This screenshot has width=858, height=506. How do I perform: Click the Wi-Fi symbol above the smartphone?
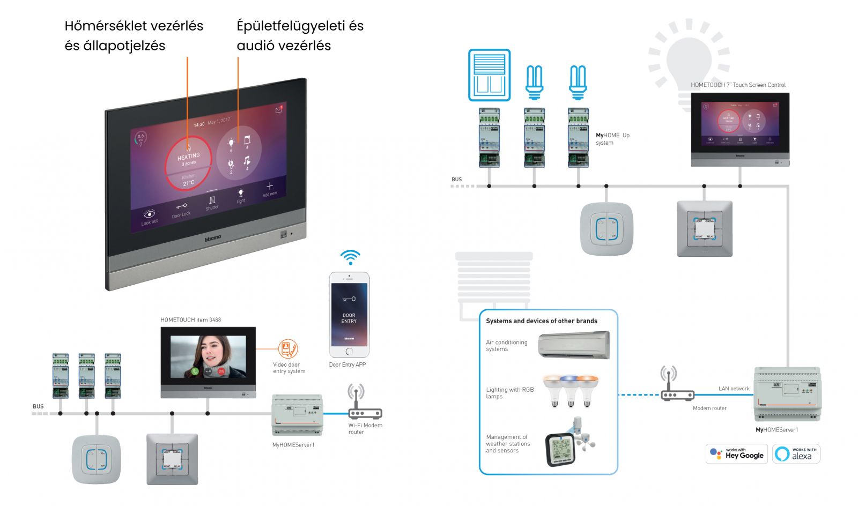pos(350,257)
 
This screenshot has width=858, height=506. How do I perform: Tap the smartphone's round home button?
pos(349,352)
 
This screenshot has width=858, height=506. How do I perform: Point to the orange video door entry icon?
pos(288,349)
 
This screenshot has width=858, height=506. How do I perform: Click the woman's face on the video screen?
pos(208,351)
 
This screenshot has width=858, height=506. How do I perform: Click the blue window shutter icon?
pos(489,75)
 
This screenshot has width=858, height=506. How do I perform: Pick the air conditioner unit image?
pos(574,345)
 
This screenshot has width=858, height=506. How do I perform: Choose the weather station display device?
pos(560,449)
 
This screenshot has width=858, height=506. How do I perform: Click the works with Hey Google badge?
pos(737,453)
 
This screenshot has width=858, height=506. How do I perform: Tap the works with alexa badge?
pos(796,454)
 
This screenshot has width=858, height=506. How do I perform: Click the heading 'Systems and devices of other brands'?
pos(542,321)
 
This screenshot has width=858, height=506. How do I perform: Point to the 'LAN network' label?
pos(734,389)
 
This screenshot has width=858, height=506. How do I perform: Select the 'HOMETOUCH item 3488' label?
pos(191,320)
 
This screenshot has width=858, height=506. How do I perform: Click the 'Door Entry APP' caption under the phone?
pos(347,364)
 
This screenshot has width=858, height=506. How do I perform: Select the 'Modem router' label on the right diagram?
pos(709,408)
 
